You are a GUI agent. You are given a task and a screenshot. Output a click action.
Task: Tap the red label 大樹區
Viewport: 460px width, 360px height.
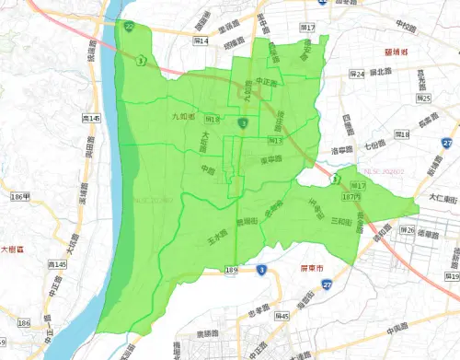coord(17,248)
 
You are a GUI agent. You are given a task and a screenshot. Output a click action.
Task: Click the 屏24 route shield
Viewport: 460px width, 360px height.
coord(357,74)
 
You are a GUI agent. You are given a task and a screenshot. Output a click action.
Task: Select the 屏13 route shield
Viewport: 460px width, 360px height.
coord(273,141)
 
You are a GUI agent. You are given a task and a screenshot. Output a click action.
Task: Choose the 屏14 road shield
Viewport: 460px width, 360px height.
coord(202,41)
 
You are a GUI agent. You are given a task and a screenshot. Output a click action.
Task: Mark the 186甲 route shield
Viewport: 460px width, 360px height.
coord(19,196)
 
